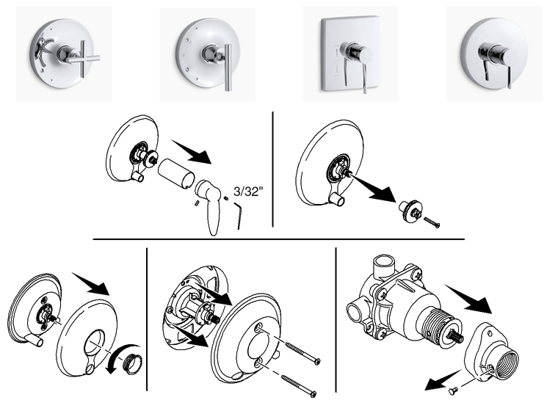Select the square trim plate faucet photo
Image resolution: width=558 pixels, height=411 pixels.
(350, 54)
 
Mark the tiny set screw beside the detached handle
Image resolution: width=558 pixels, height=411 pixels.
(198, 203)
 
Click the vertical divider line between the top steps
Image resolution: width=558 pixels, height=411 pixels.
(272, 170)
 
